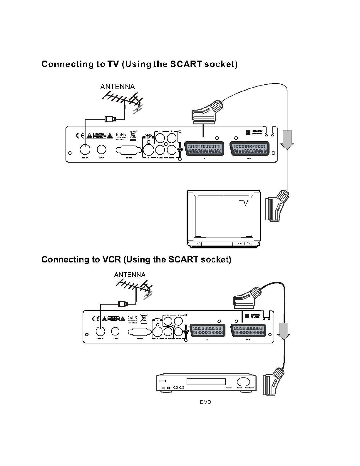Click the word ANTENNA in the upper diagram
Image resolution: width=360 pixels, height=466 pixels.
pyautogui.click(x=118, y=87)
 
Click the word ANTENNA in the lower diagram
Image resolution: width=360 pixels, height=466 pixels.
pyautogui.click(x=130, y=275)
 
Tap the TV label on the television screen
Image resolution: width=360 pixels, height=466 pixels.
pyautogui.click(x=243, y=203)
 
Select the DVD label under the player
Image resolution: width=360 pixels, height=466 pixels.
pyautogui.click(x=205, y=402)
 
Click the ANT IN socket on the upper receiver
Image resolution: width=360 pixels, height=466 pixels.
pyautogui.click(x=85, y=150)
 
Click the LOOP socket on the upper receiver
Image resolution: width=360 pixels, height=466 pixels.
pyautogui.click(x=102, y=150)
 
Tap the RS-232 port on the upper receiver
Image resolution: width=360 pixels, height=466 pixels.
pyautogui.click(x=129, y=150)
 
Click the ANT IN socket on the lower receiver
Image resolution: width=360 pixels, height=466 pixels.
pyautogui.click(x=101, y=331)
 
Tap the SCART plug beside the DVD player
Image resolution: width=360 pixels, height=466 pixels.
pyautogui.click(x=274, y=381)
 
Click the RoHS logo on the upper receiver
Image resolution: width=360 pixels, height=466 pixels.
pyautogui.click(x=121, y=135)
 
